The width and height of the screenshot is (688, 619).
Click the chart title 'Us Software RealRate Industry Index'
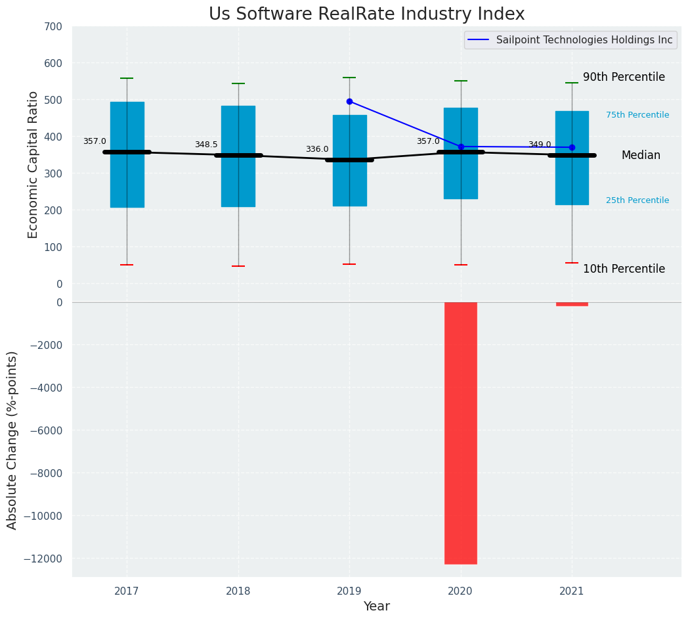[366, 14]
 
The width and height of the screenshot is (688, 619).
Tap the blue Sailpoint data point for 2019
[349, 101]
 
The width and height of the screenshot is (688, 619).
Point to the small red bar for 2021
[572, 304]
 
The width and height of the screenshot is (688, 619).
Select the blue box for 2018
[238, 184]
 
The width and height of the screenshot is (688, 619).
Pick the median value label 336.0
[317, 149]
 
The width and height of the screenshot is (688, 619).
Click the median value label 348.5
[206, 145]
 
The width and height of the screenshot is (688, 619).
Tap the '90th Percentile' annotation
[624, 77]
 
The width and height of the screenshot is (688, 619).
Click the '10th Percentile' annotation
[624, 269]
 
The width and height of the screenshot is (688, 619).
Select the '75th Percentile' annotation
[637, 115]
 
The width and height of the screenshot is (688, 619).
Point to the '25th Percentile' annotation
[637, 200]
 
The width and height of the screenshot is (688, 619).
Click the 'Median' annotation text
[641, 155]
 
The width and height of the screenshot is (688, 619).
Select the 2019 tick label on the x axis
[349, 591]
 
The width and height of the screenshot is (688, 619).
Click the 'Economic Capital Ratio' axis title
[33, 164]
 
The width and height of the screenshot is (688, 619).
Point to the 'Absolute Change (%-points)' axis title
[12, 440]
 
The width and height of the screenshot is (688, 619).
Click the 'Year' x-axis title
[376, 607]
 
